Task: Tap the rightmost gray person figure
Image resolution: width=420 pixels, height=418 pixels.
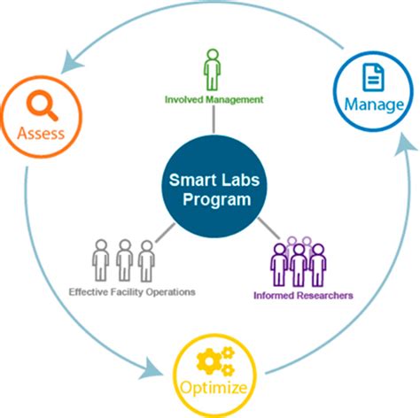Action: tap(146, 259)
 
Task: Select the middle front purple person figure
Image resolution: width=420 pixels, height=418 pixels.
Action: tap(300, 264)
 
